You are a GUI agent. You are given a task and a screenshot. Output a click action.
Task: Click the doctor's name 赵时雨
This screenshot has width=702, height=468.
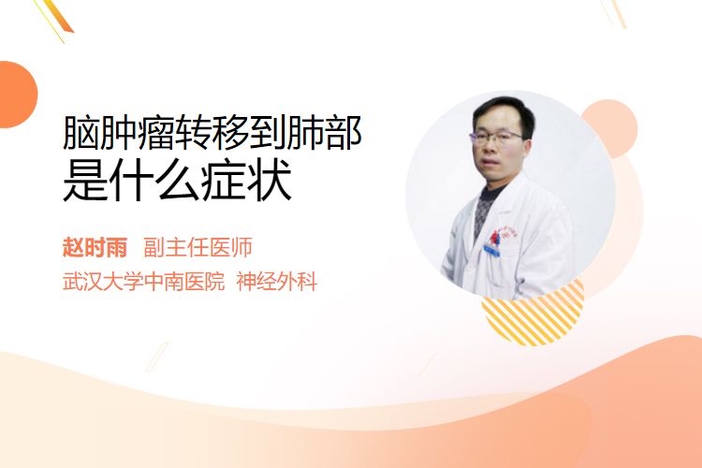point(95,247)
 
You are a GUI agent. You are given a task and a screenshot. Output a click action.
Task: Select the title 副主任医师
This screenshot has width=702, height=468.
point(197,247)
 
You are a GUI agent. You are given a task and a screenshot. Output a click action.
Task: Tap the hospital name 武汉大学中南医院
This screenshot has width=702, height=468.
point(143,282)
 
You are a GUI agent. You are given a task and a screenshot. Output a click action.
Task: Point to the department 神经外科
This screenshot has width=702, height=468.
point(277,282)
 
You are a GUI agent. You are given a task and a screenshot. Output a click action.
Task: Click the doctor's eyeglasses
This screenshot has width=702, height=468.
point(496,137)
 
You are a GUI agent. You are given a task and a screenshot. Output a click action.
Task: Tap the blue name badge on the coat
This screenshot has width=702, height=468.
point(492,251)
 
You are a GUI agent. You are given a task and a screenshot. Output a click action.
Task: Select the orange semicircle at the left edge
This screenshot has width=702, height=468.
point(17,95)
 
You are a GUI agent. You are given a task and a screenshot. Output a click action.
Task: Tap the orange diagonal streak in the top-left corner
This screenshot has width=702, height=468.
point(61,17)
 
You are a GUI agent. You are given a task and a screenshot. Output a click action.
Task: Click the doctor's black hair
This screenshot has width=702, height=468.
point(504,111)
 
